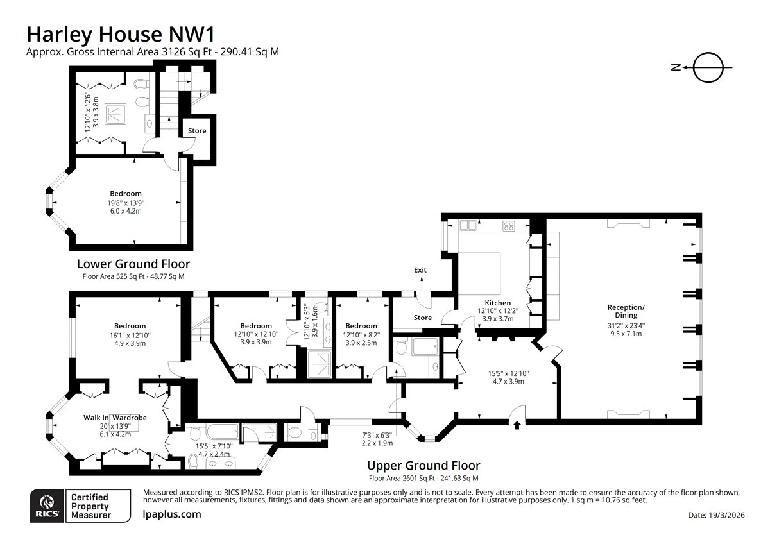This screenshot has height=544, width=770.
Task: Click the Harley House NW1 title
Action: (121, 35)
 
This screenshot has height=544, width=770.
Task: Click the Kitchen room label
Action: (497, 303)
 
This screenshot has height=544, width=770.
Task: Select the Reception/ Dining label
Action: (626, 311)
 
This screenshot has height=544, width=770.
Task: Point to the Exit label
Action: (420, 270)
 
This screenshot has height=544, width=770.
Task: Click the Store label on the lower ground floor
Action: (197, 131)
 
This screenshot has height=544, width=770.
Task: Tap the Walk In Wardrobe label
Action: (115, 418)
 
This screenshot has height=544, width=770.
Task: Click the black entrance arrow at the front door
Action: (517, 425)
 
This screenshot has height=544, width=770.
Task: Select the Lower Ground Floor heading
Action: (133, 264)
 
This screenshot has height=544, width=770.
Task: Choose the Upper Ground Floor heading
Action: (424, 466)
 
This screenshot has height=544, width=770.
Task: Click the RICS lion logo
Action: (47, 506)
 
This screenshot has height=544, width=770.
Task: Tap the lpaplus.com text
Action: (171, 514)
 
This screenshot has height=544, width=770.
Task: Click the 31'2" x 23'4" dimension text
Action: (626, 325)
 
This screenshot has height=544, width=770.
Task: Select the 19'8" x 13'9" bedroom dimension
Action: (126, 203)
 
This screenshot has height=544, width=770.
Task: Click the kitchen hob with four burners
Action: (509, 226)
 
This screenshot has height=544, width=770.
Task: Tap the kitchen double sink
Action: (468, 225)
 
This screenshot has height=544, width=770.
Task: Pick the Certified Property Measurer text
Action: (90, 506)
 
